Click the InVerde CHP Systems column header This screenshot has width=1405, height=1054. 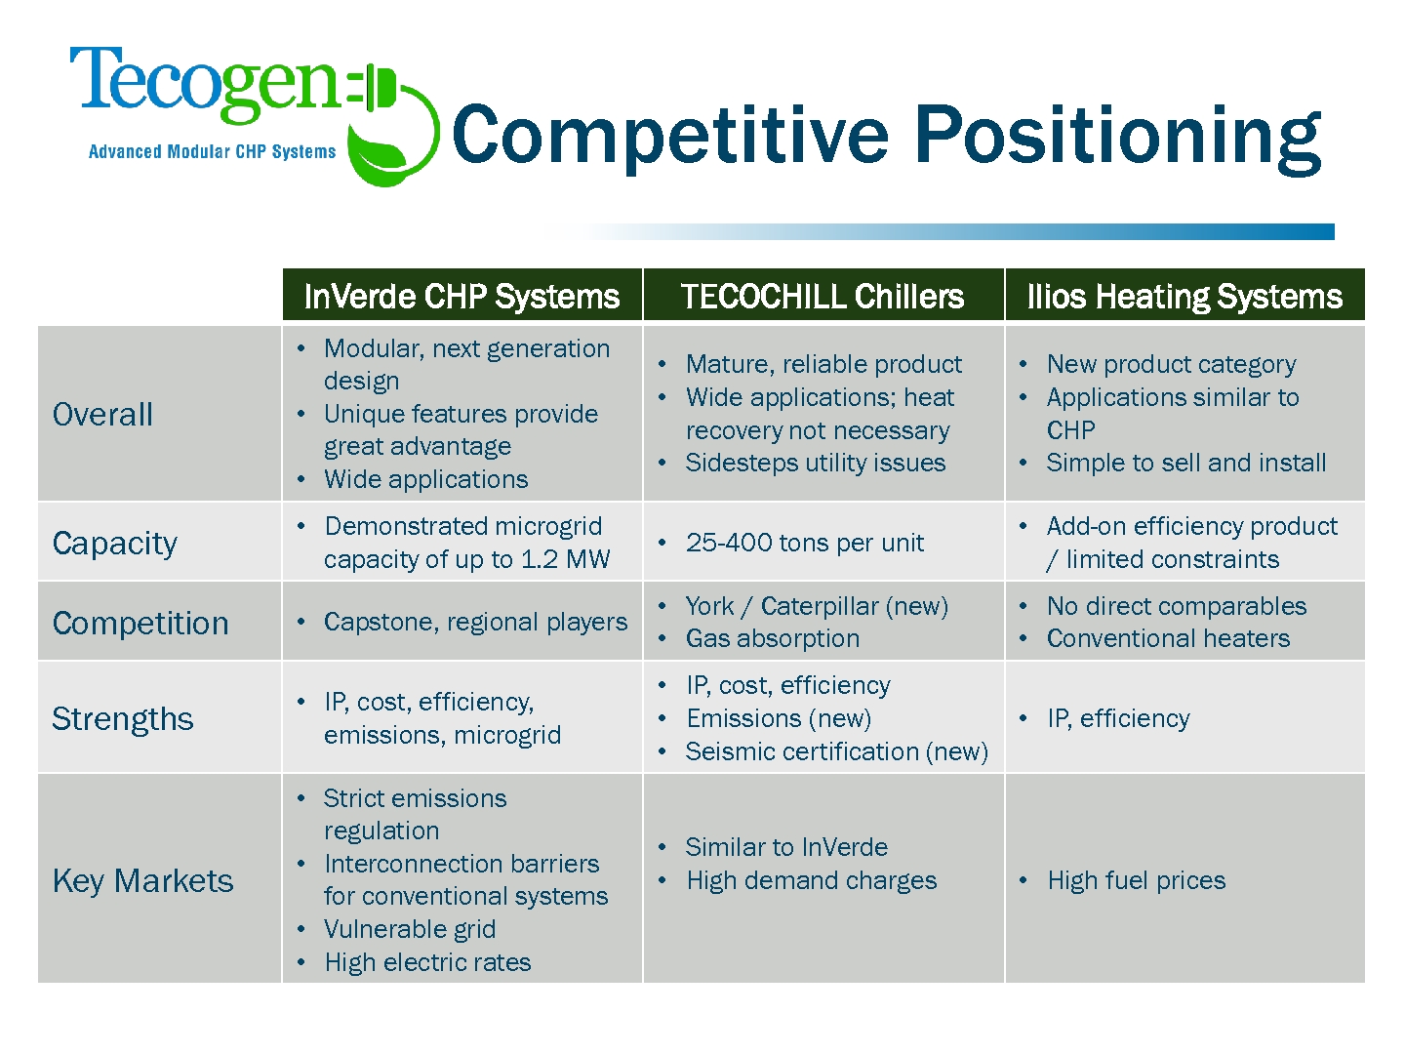[462, 297]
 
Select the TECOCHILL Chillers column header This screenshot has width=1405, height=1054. [823, 297]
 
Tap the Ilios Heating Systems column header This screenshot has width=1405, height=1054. [1184, 297]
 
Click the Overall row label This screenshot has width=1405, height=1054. [102, 414]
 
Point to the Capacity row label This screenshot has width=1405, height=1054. [114, 544]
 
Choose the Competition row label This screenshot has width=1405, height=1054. [140, 623]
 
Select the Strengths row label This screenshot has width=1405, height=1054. [122, 718]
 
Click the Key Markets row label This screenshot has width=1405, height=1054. [142, 880]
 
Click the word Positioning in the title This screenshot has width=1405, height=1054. [1117, 138]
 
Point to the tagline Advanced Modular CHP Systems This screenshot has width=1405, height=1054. [212, 151]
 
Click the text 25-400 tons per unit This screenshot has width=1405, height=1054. [805, 543]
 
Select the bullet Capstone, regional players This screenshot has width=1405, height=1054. [475, 622]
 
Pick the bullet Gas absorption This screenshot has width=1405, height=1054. [773, 638]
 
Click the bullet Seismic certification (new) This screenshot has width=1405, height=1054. [836, 751]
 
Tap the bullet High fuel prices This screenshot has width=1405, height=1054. [1136, 880]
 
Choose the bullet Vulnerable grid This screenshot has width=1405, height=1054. [410, 929]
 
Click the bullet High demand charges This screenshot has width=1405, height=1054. [812, 880]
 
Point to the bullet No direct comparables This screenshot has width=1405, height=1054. [1177, 606]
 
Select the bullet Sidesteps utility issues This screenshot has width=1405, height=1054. [816, 463]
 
